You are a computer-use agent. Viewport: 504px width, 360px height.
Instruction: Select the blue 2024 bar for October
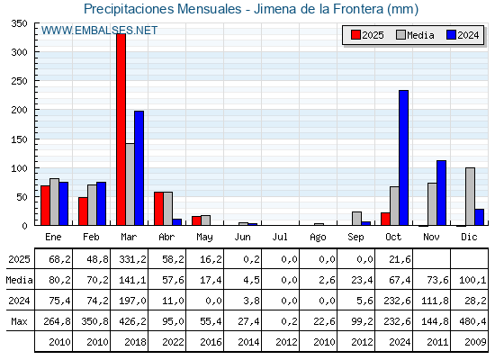click(403, 157)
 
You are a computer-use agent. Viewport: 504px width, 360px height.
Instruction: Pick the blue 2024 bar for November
click(441, 193)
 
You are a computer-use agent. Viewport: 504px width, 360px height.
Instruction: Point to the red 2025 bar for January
click(45, 205)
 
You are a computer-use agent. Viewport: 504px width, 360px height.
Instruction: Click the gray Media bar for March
click(130, 184)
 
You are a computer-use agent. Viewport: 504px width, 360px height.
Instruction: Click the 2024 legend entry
click(462, 35)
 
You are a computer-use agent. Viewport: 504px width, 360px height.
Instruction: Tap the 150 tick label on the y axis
click(18, 139)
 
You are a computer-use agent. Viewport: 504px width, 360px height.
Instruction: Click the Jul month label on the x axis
click(280, 237)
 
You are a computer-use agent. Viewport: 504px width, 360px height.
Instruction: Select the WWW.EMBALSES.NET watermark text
click(99, 31)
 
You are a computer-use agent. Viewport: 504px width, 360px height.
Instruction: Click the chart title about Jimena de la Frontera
click(251, 9)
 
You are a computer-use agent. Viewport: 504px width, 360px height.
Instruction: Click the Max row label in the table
click(18, 321)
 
